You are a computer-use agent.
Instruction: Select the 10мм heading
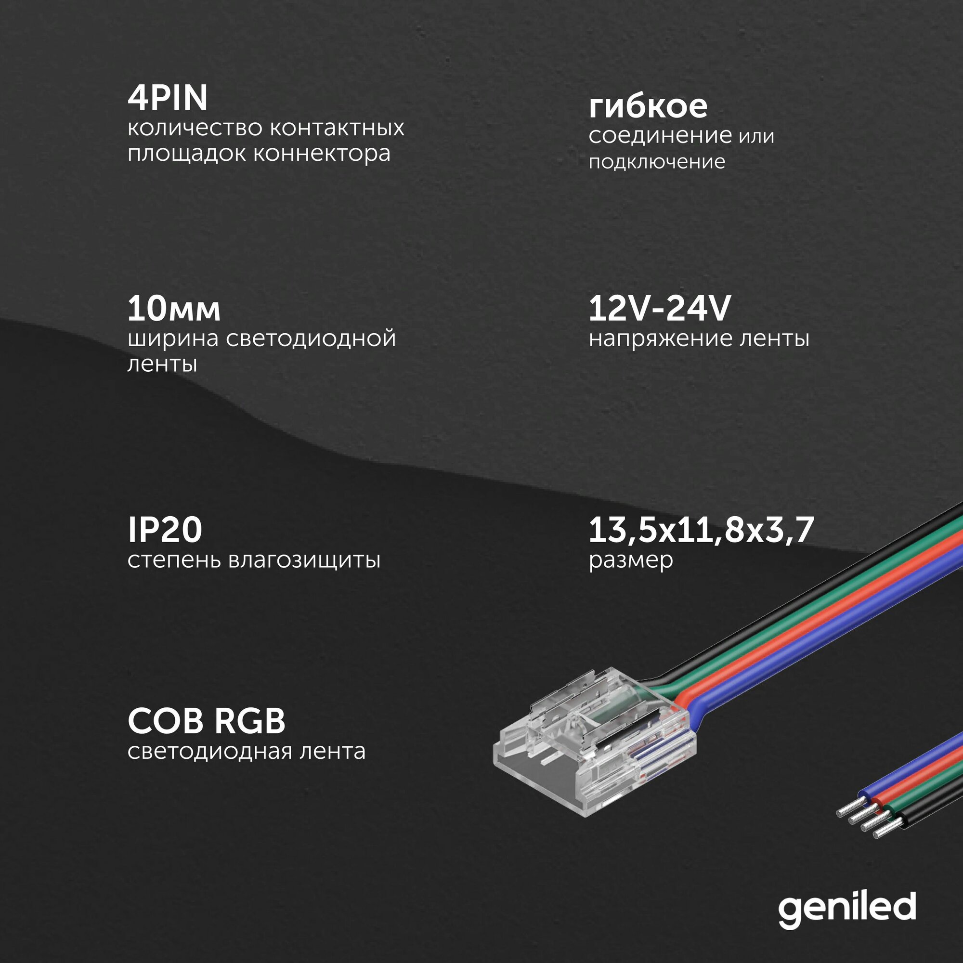(x=174, y=309)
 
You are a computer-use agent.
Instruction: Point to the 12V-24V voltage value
(x=659, y=309)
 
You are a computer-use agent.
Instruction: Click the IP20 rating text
(x=165, y=529)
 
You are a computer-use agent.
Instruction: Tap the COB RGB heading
(x=207, y=721)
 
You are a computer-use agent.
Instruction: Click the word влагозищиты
(x=304, y=560)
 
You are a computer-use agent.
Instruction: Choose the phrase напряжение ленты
(x=699, y=339)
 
